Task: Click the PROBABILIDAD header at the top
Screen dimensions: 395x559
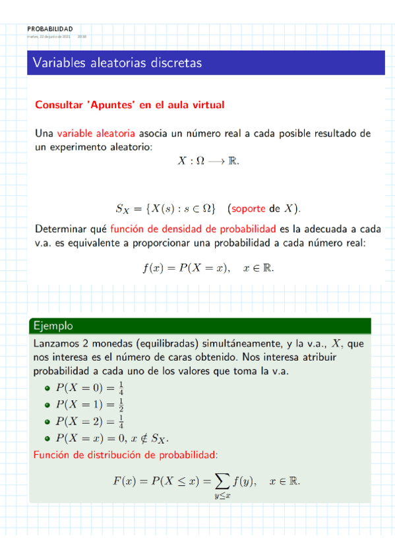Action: pos(50,28)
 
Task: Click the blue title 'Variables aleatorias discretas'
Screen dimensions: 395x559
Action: pos(117,63)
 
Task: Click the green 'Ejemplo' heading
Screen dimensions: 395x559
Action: pos(52,326)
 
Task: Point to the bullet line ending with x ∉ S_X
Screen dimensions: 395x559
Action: pos(112,438)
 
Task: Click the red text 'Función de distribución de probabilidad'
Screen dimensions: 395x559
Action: pos(125,454)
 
